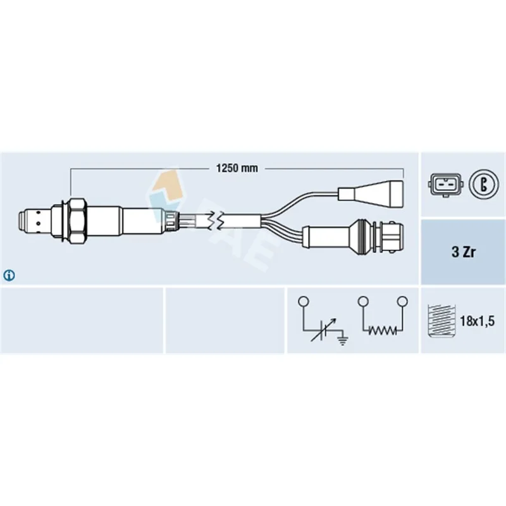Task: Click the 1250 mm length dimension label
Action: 237,168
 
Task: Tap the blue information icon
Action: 9,275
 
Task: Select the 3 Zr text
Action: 464,252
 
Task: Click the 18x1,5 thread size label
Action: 477,321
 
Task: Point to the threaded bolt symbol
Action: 441,321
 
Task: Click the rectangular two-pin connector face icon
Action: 445,185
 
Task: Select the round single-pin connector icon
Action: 483,185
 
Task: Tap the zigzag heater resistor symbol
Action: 383,330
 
